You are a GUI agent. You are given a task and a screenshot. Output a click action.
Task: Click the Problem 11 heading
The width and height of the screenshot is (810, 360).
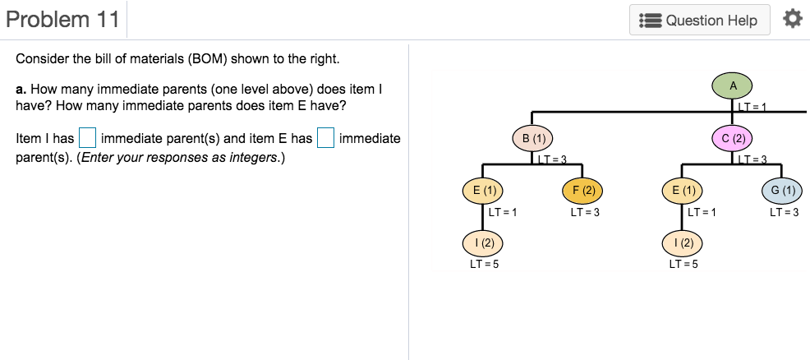point(63,20)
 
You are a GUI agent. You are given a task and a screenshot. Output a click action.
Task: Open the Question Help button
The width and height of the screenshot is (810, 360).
point(699,21)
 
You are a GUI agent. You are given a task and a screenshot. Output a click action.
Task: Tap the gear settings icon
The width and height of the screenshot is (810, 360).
point(791,19)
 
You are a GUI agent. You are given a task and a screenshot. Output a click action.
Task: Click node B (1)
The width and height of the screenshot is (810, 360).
point(533,138)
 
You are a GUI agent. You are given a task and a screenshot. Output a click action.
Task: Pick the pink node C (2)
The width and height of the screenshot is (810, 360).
point(733,138)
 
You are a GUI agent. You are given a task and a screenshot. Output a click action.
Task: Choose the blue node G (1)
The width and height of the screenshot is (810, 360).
point(783,191)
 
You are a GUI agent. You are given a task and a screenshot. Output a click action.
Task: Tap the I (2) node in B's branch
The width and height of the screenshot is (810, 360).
point(483,243)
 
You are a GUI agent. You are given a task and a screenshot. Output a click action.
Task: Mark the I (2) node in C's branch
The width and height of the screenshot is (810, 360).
point(683,243)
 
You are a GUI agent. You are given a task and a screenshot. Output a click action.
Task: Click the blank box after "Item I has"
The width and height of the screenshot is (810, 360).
point(87,138)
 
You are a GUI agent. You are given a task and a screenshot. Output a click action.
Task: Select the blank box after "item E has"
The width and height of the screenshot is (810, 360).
point(325,138)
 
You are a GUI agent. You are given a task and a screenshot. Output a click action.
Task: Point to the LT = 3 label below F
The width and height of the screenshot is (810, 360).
point(584,213)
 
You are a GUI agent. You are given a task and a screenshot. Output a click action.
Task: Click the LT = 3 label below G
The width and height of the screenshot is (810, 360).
point(784,213)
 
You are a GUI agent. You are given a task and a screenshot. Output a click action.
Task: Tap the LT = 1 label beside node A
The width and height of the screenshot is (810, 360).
point(752,107)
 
